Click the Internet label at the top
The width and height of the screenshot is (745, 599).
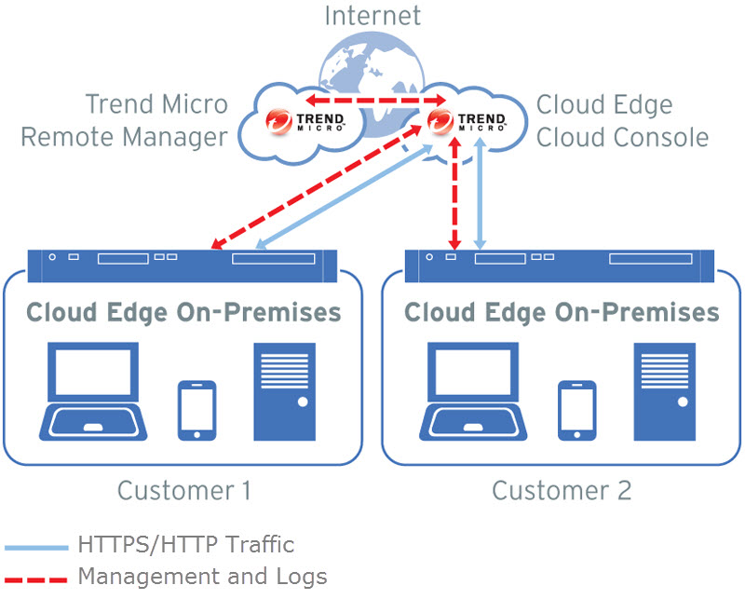coord(372,16)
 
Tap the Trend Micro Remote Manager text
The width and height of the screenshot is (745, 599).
coord(124,121)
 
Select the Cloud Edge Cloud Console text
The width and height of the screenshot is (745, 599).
coord(622,121)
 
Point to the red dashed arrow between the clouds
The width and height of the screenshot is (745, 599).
coord(372,98)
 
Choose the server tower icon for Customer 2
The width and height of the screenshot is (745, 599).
coord(665,391)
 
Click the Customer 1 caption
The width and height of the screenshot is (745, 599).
coord(184,490)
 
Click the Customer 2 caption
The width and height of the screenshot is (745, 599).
coord(562,490)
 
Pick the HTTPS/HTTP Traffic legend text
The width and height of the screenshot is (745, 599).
coord(186,545)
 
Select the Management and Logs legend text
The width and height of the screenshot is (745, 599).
coord(202,577)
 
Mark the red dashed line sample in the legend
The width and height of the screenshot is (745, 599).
coord(35,579)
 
